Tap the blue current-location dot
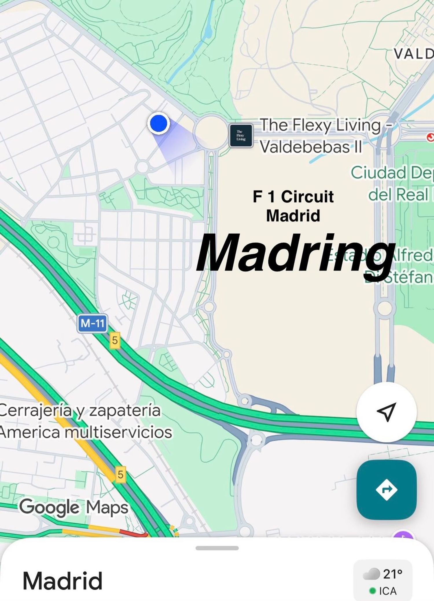tap(158, 123)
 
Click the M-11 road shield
tap(92, 323)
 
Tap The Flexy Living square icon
tap(241, 135)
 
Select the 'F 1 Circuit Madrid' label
tap(293, 206)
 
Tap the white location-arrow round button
tap(386, 412)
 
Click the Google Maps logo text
tap(74, 508)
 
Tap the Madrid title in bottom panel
tap(62, 581)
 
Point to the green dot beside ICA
tap(373, 591)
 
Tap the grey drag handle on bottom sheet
tap(217, 548)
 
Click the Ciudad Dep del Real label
tap(399, 183)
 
